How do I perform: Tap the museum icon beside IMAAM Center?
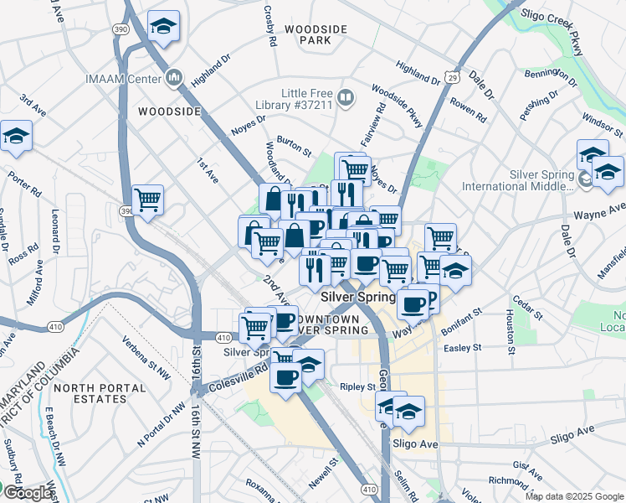pyautogui.click(x=174, y=78)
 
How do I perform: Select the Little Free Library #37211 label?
pyautogui.click(x=307, y=98)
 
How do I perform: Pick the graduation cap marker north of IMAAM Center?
pyautogui.click(x=163, y=27)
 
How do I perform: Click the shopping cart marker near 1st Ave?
pyautogui.click(x=147, y=200)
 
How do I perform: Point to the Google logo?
pyautogui.click(x=27, y=493)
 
